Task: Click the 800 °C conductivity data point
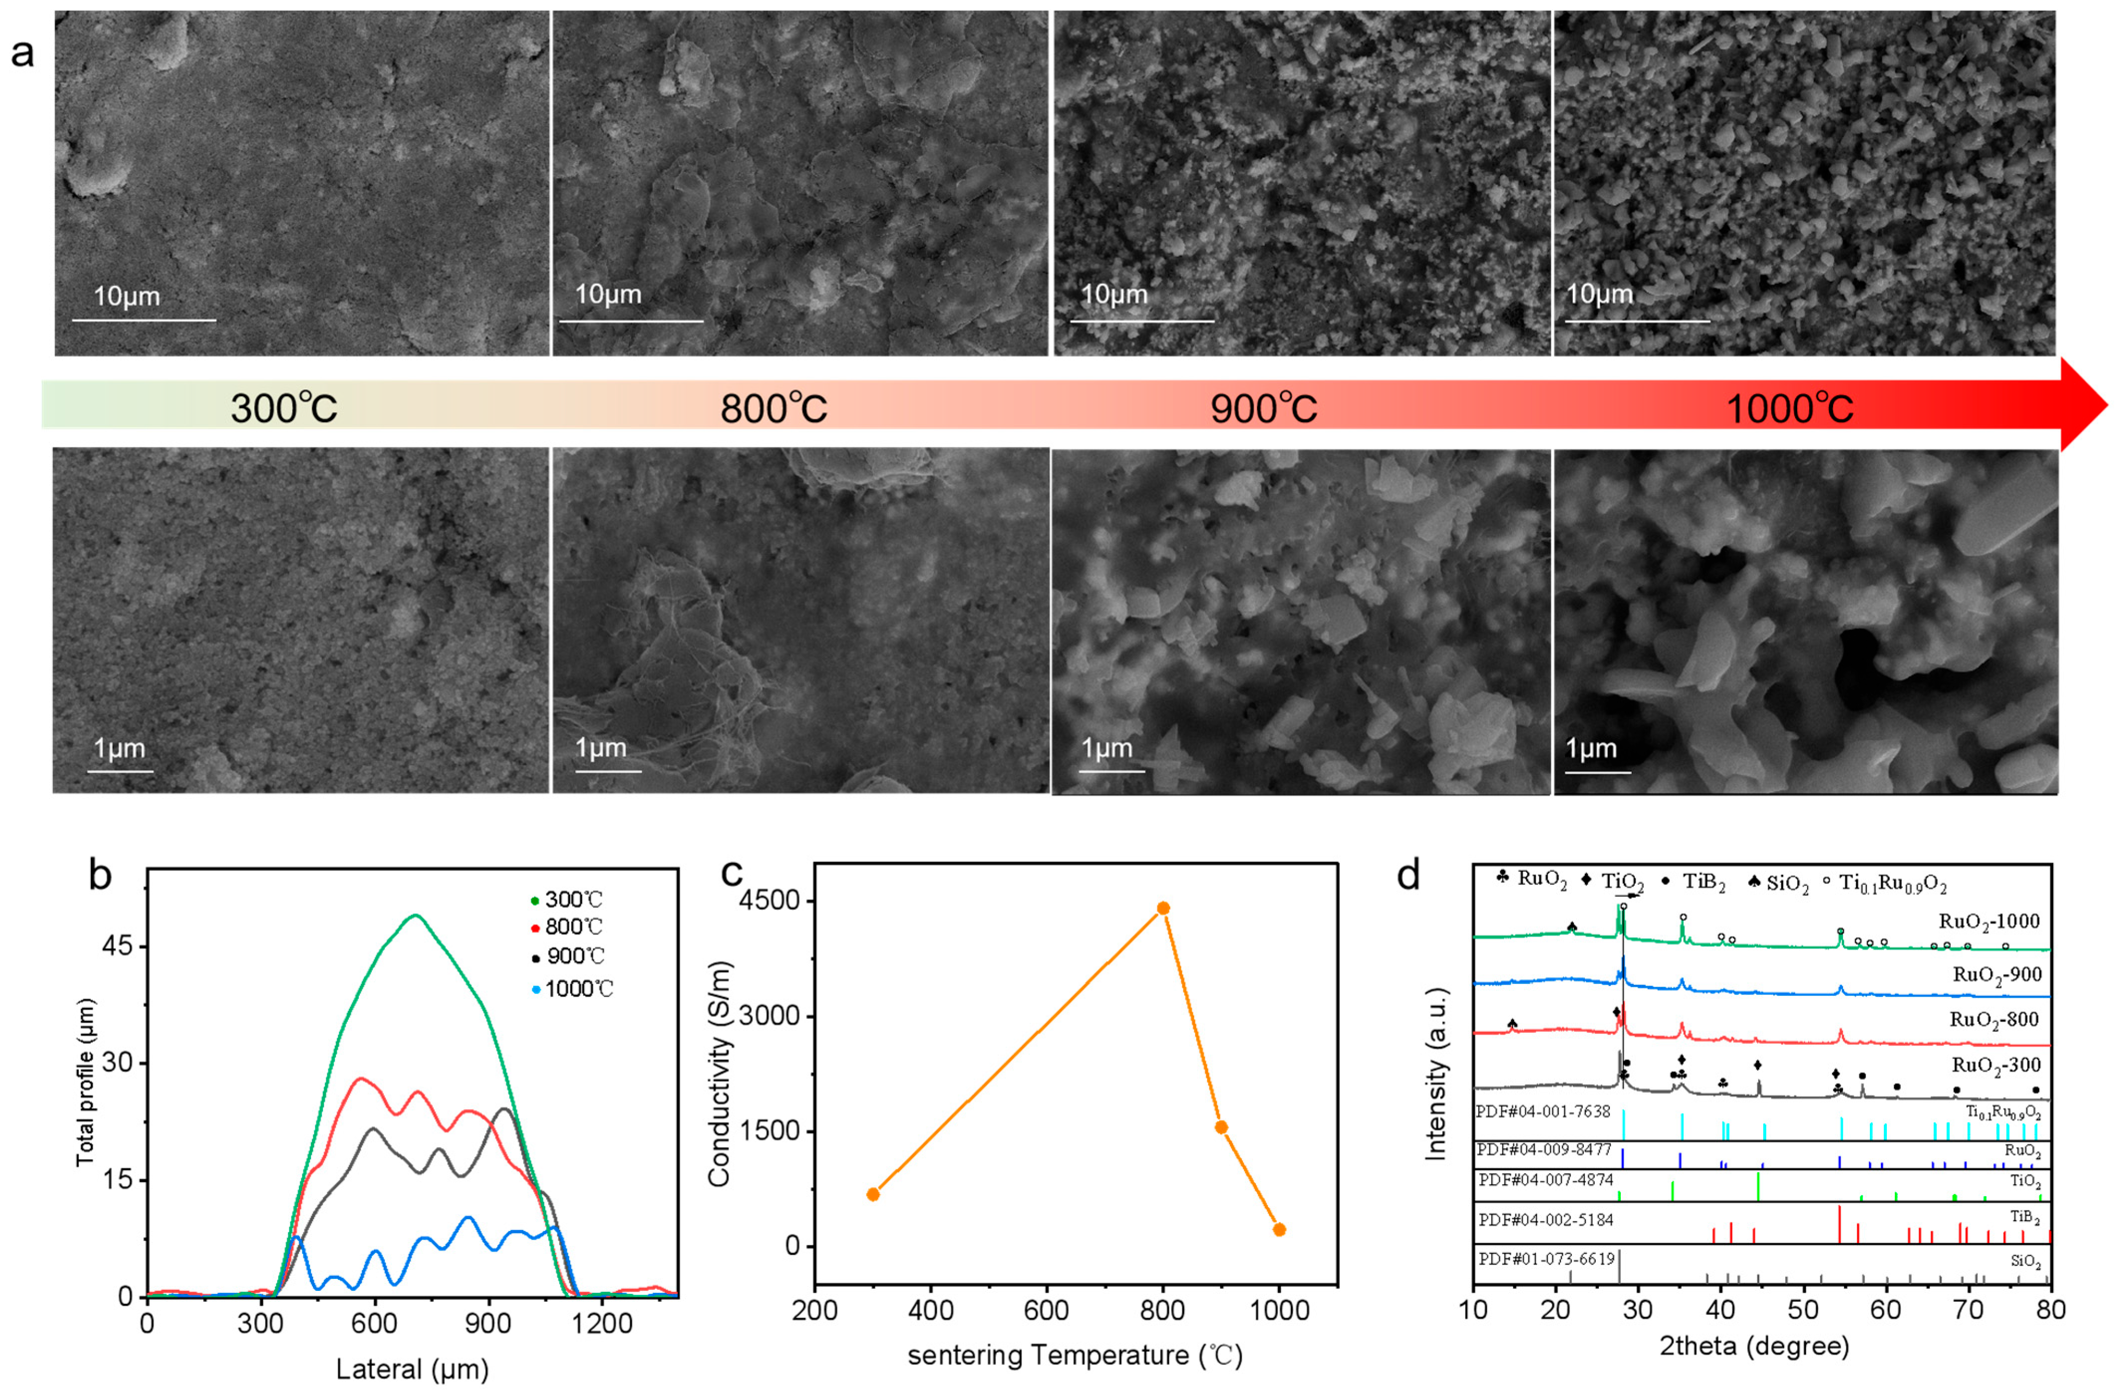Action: [1163, 908]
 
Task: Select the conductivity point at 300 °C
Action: [873, 1194]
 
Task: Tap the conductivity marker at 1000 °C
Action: [1279, 1230]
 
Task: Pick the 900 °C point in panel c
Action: [1222, 1127]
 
